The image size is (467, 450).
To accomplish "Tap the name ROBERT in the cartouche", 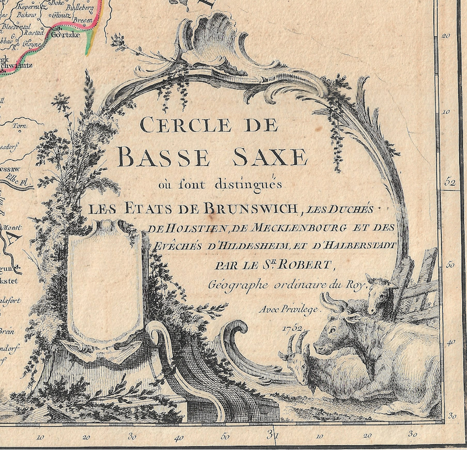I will pos(309,266).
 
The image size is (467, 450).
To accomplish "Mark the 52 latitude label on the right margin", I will pos(449,182).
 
